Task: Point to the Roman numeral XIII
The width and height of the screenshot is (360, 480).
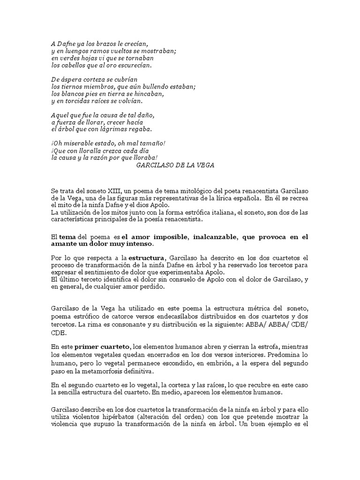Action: point(105,191)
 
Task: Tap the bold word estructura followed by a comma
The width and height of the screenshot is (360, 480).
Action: point(146,258)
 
